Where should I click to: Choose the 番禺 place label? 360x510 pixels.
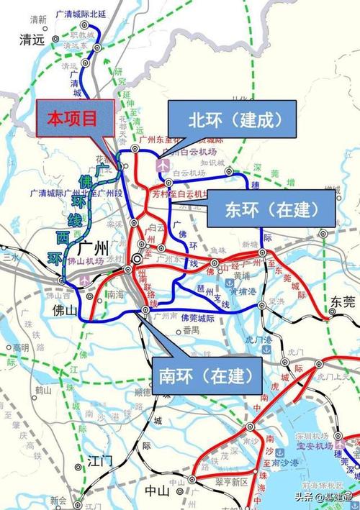pyautogui.click(x=191, y=330)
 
